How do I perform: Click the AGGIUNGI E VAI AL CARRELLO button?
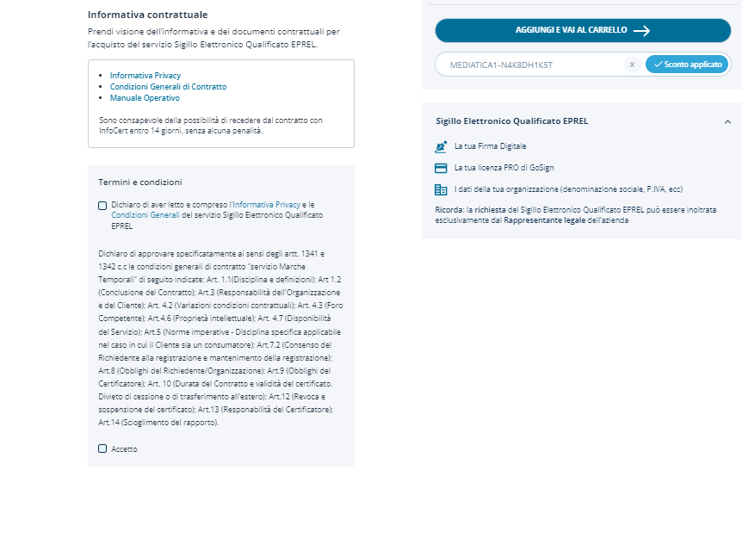point(582,30)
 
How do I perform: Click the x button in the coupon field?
point(632,65)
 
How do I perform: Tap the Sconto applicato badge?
point(687,65)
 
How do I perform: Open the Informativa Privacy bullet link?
point(145,76)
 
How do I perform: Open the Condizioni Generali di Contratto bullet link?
point(168,87)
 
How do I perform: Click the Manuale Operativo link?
point(145,98)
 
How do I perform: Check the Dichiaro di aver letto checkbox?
point(103,205)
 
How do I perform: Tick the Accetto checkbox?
point(103,448)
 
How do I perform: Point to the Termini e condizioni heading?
point(140,182)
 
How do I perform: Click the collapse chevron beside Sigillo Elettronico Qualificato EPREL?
point(727,121)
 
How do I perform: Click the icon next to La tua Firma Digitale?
point(442,146)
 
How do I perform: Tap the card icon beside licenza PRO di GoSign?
point(442,168)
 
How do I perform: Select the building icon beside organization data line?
point(442,189)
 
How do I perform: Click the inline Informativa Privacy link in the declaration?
point(266,205)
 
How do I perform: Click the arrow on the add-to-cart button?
point(641,30)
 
